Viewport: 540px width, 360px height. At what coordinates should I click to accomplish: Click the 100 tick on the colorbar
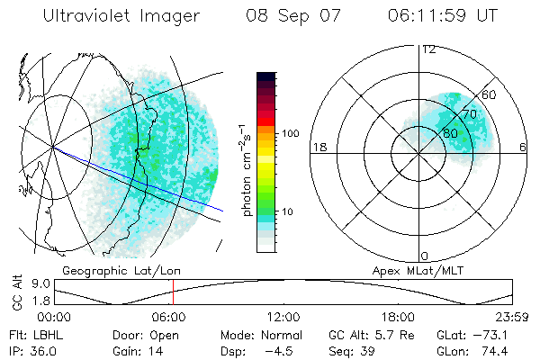click(x=290, y=133)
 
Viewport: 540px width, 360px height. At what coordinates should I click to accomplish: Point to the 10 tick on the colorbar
click(x=288, y=212)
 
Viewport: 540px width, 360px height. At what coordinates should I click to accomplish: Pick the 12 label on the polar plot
click(x=428, y=49)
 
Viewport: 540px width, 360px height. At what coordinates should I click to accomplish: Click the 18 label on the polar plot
click(x=318, y=147)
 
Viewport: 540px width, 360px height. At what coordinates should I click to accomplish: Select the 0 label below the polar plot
click(x=425, y=256)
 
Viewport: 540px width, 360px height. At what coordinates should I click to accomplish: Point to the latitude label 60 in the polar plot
click(x=490, y=94)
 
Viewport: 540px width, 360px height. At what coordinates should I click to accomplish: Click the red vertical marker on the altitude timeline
click(x=173, y=293)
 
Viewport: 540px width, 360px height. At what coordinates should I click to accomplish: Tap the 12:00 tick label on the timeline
click(x=284, y=318)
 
